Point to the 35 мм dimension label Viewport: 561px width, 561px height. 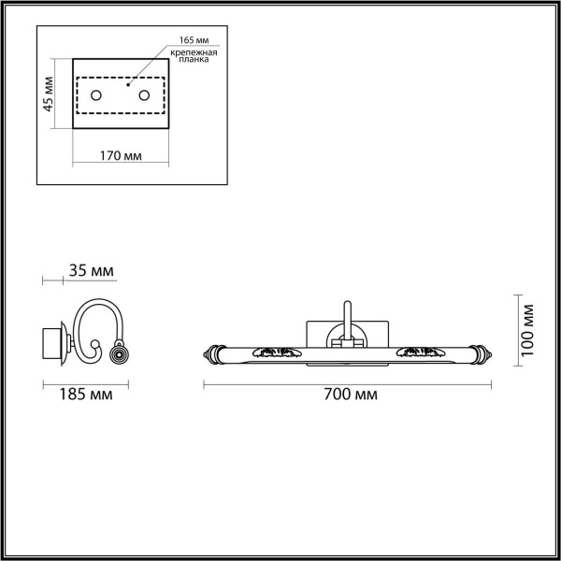click(x=92, y=271)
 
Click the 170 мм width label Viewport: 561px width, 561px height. click(x=120, y=155)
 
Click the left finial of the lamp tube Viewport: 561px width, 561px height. click(x=209, y=353)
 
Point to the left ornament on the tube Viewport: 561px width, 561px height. click(x=277, y=352)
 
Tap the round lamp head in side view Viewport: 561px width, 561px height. click(x=119, y=354)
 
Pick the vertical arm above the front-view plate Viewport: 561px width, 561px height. click(x=346, y=316)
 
